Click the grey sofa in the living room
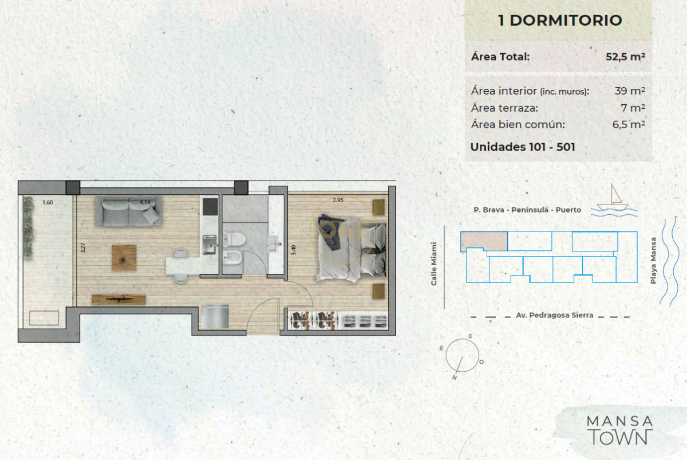tap(128, 211)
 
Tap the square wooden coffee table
tap(124, 257)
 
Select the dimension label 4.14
tap(144, 202)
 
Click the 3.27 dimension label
tap(84, 248)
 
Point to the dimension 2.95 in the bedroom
tap(338, 200)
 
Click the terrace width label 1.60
tap(47, 202)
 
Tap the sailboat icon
tap(613, 197)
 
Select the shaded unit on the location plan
tap(484, 241)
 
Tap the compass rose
tap(463, 355)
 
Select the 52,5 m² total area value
tap(625, 57)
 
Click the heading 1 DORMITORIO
tap(560, 21)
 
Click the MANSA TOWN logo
tap(619, 430)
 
